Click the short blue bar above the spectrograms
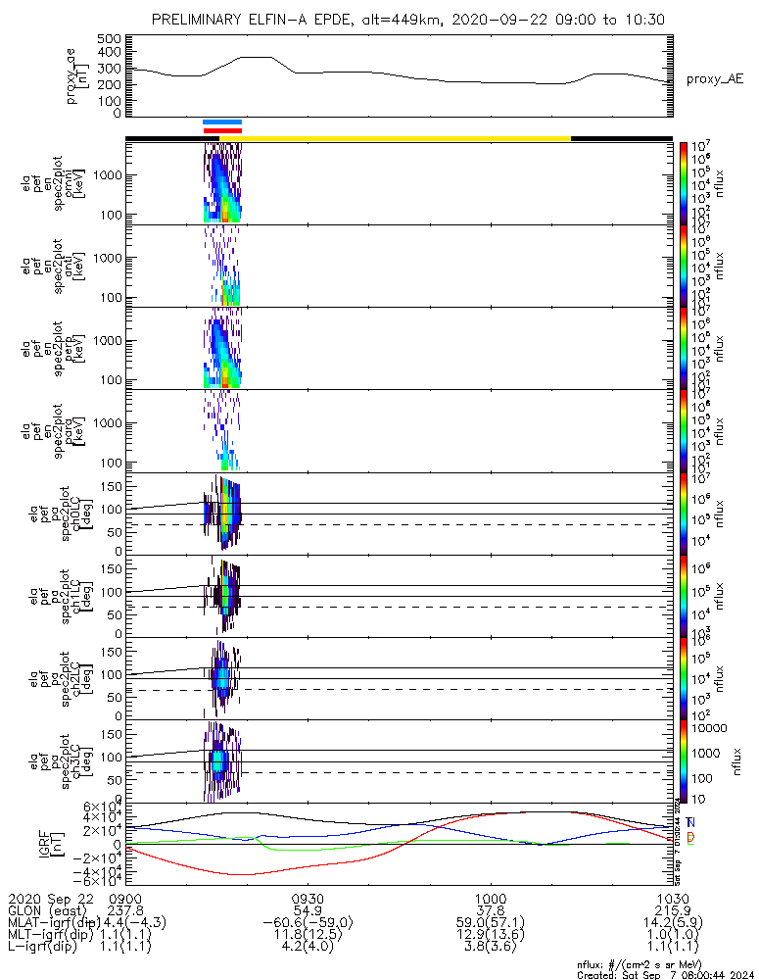pyautogui.click(x=221, y=122)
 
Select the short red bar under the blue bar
pyautogui.click(x=221, y=129)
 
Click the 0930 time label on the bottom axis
pyautogui.click(x=308, y=898)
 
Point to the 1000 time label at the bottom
pyautogui.click(x=490, y=898)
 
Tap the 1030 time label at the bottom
pyautogui.click(x=672, y=898)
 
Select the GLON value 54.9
pyautogui.click(x=308, y=910)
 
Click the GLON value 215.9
pyautogui.click(x=672, y=910)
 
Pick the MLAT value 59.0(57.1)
pyautogui.click(x=490, y=923)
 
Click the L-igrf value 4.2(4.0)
pyautogui.click(x=308, y=949)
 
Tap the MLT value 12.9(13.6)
pyautogui.click(x=490, y=936)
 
